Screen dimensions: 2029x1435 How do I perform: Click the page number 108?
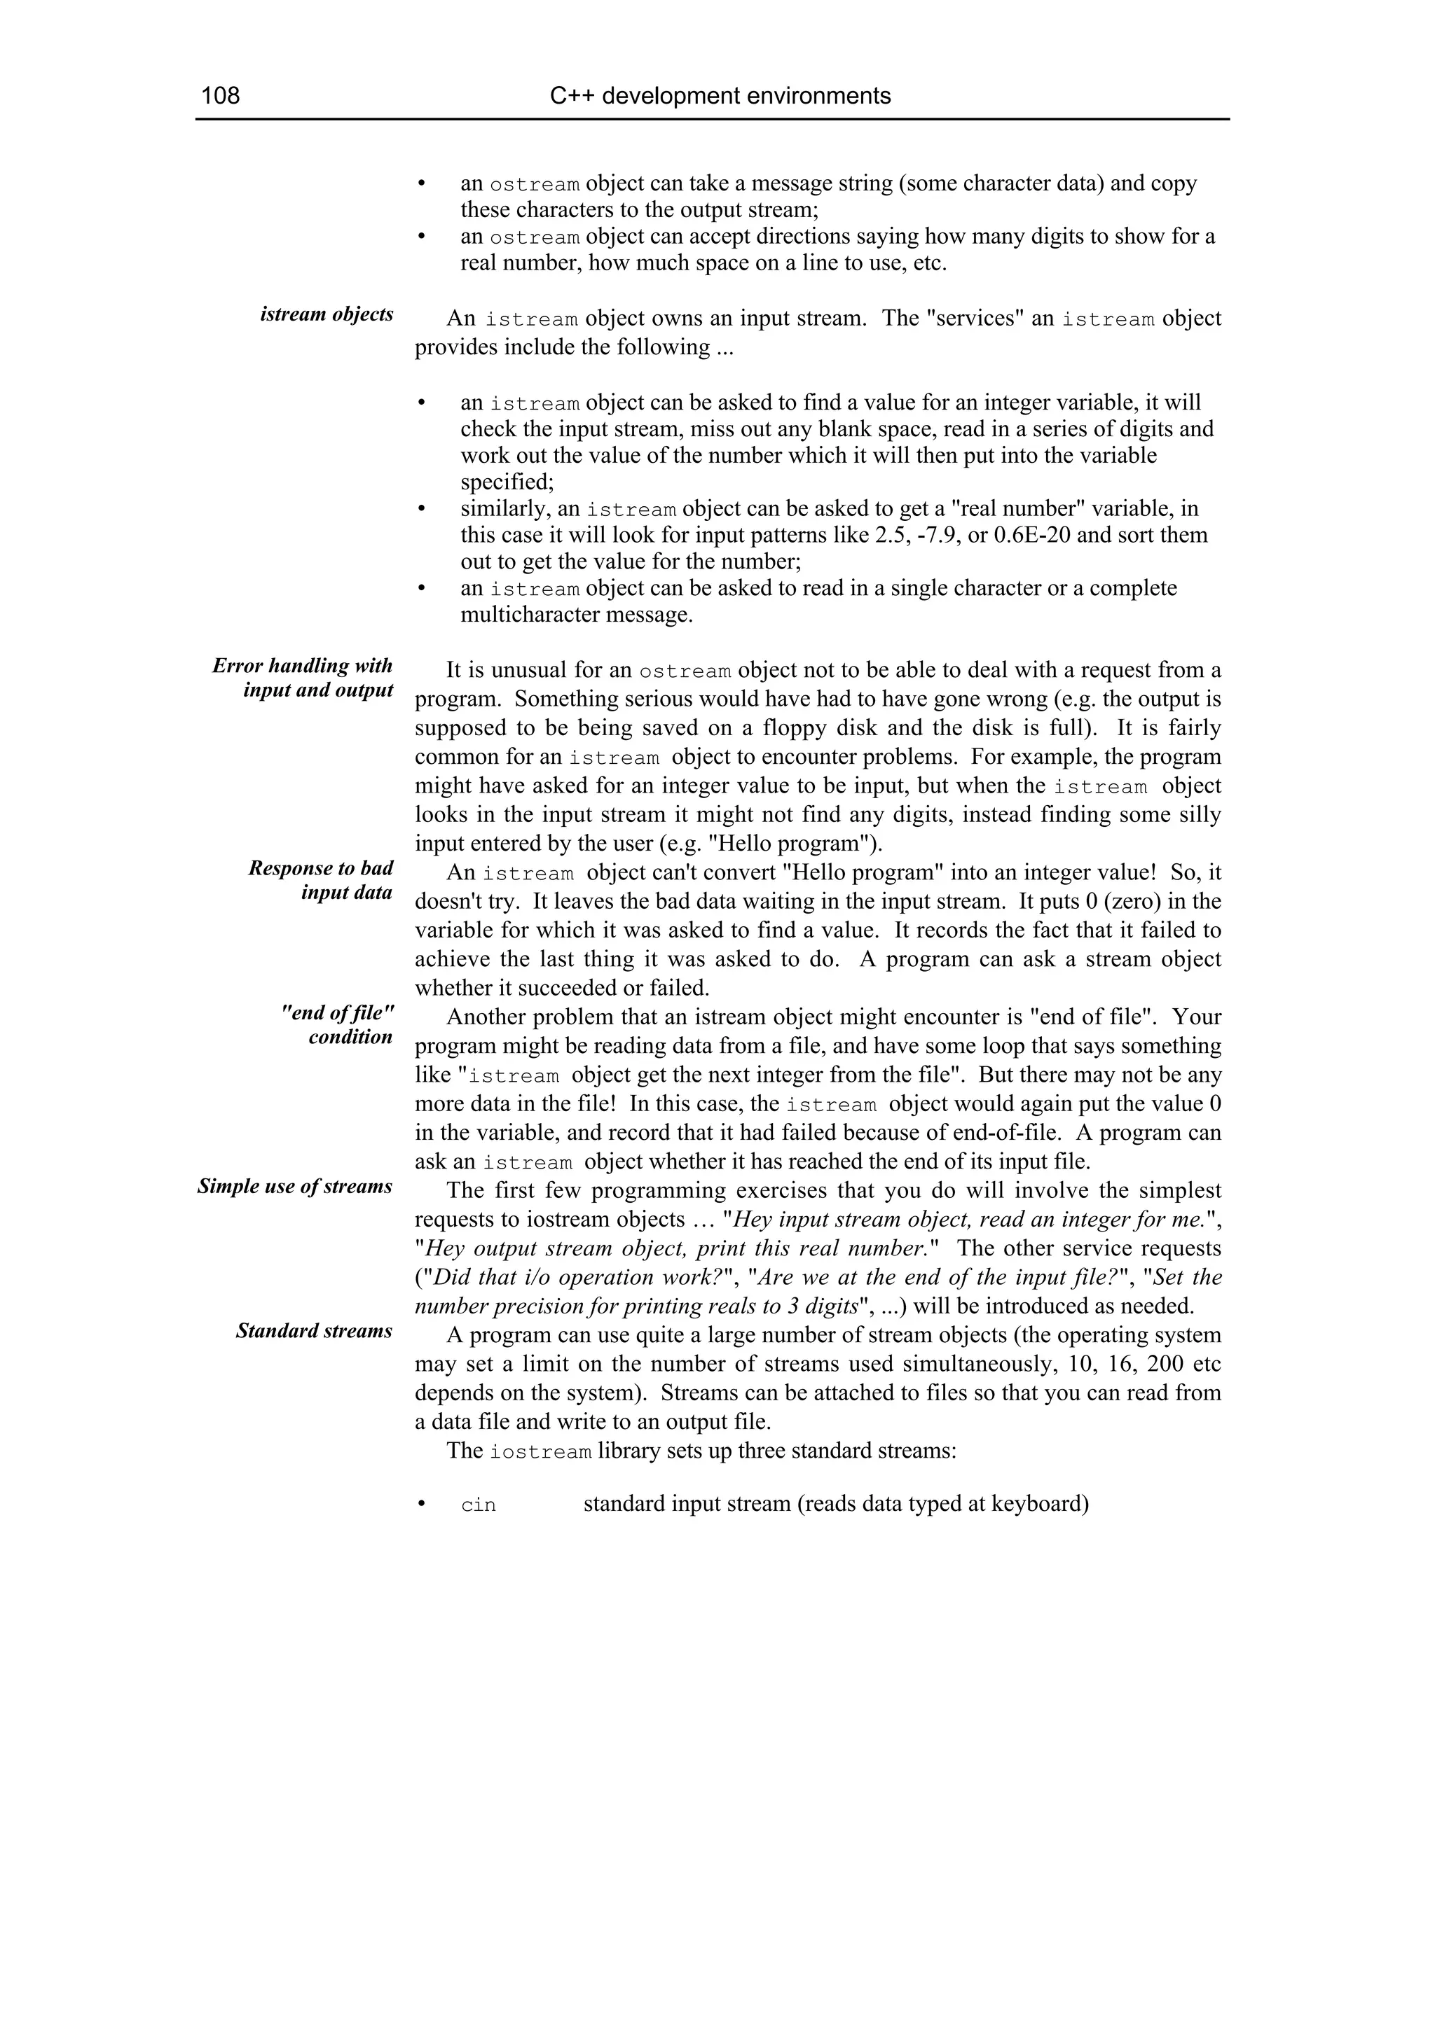click(x=220, y=95)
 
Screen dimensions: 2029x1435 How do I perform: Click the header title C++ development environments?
click(x=720, y=95)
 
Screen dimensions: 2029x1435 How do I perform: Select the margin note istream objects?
click(x=327, y=314)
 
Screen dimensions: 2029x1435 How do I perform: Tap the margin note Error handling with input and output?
click(x=303, y=678)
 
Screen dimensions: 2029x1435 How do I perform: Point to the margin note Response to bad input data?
click(x=320, y=880)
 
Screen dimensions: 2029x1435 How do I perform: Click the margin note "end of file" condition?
click(x=337, y=1024)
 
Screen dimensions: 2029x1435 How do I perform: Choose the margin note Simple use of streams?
click(x=294, y=1186)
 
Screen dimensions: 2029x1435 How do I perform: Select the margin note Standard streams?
click(x=314, y=1331)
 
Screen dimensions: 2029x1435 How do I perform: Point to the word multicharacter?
click(x=530, y=615)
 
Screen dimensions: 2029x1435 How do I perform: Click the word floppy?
click(x=770, y=728)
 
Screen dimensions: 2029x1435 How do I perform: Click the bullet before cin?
click(x=422, y=1504)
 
